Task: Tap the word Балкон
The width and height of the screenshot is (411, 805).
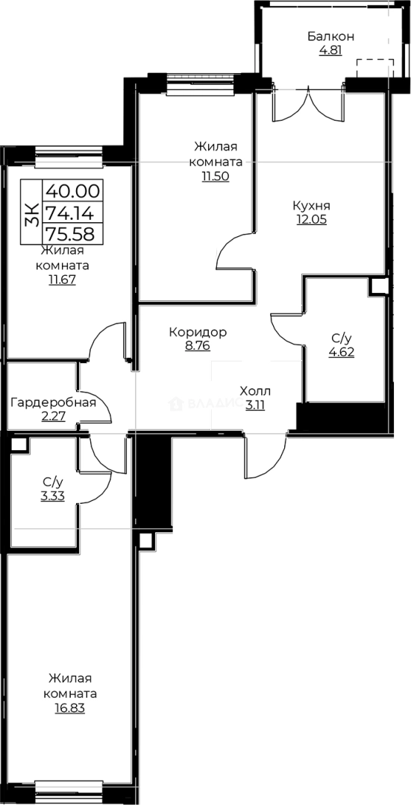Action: coord(330,37)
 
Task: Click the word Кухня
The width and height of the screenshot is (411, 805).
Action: coord(312,205)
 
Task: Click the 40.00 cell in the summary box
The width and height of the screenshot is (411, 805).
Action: coord(74,191)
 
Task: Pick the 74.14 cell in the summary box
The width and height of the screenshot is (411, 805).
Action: coord(74,212)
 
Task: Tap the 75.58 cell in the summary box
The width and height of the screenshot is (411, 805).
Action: coord(74,233)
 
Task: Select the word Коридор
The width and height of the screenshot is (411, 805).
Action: coord(198,332)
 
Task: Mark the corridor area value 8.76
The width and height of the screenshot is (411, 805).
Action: coord(198,346)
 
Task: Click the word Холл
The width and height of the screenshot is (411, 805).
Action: coord(255,391)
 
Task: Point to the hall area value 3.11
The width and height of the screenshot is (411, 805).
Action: coord(255,405)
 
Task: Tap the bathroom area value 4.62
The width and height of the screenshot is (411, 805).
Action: coord(342,352)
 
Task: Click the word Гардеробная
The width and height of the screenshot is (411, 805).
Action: coord(53,403)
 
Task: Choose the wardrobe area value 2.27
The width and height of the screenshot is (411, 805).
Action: coord(53,417)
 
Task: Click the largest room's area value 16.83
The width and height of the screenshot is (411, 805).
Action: coord(70,708)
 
